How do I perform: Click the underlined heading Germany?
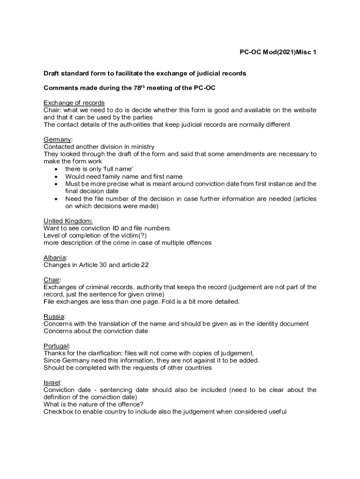point(58,139)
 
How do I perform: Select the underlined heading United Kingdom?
point(68,221)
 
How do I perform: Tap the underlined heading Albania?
point(55,258)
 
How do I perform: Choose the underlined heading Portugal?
point(57,346)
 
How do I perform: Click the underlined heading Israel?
point(52,383)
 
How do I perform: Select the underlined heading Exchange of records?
point(74,103)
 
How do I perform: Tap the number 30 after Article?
point(102,265)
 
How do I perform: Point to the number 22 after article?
point(144,265)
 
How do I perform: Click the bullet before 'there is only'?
point(56,169)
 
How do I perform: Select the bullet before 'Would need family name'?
point(56,177)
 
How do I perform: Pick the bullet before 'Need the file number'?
point(56,199)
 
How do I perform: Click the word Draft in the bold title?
point(52,73)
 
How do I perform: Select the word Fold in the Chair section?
point(175,302)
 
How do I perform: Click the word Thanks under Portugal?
point(55,353)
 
